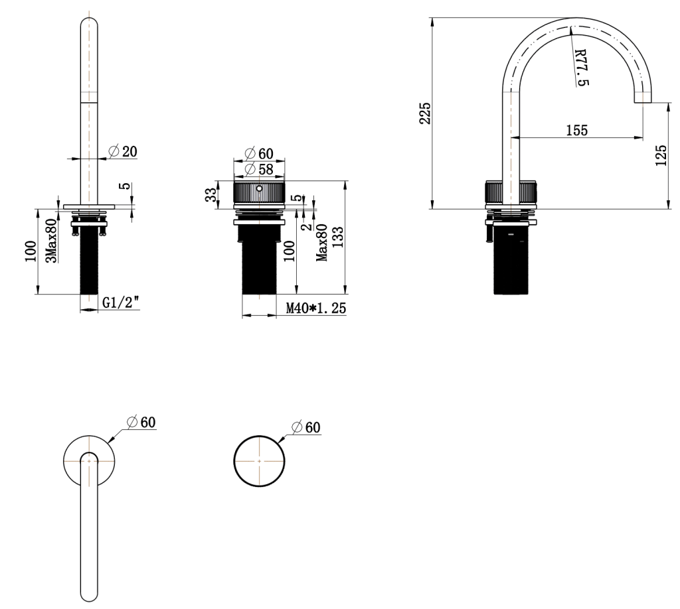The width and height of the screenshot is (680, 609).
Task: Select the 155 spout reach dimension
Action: pos(576,130)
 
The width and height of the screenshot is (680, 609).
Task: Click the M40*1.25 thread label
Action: pos(316,308)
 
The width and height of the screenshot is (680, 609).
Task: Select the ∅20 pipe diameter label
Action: pos(122,151)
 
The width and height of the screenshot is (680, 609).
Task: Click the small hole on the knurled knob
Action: pos(260,188)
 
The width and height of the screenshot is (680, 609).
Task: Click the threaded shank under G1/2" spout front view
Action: pos(89,265)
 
